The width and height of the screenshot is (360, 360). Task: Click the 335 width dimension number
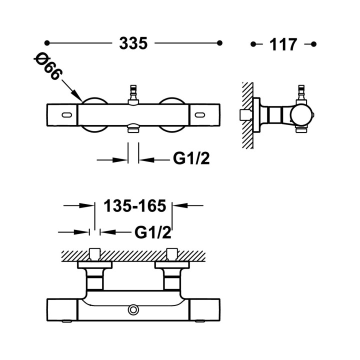point(133,43)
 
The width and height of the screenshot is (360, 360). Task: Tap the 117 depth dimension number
point(283,44)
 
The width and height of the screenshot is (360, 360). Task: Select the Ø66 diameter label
point(48,66)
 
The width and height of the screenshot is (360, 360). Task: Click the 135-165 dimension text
point(135,205)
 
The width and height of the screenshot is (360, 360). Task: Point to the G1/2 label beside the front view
point(191,158)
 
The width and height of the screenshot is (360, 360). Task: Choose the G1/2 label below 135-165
point(153,232)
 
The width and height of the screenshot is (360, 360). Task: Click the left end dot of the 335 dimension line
point(47,43)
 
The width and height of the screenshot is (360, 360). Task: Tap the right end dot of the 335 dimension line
point(219,43)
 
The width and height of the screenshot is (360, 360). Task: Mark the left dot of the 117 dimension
point(253,44)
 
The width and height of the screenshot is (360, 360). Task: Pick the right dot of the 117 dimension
point(313,44)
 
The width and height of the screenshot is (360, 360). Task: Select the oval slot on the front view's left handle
point(67,114)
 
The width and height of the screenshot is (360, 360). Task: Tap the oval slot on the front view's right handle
point(199,114)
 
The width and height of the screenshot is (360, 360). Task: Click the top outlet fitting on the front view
point(133,94)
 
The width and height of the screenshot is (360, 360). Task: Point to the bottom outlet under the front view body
point(133,128)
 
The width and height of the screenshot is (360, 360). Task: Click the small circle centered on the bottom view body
point(133,309)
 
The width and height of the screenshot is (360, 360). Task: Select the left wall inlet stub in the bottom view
point(95,254)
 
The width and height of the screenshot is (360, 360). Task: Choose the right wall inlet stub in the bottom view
point(172,254)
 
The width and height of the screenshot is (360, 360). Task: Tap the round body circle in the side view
point(301,115)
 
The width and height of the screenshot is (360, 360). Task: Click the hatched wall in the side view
point(248,115)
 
